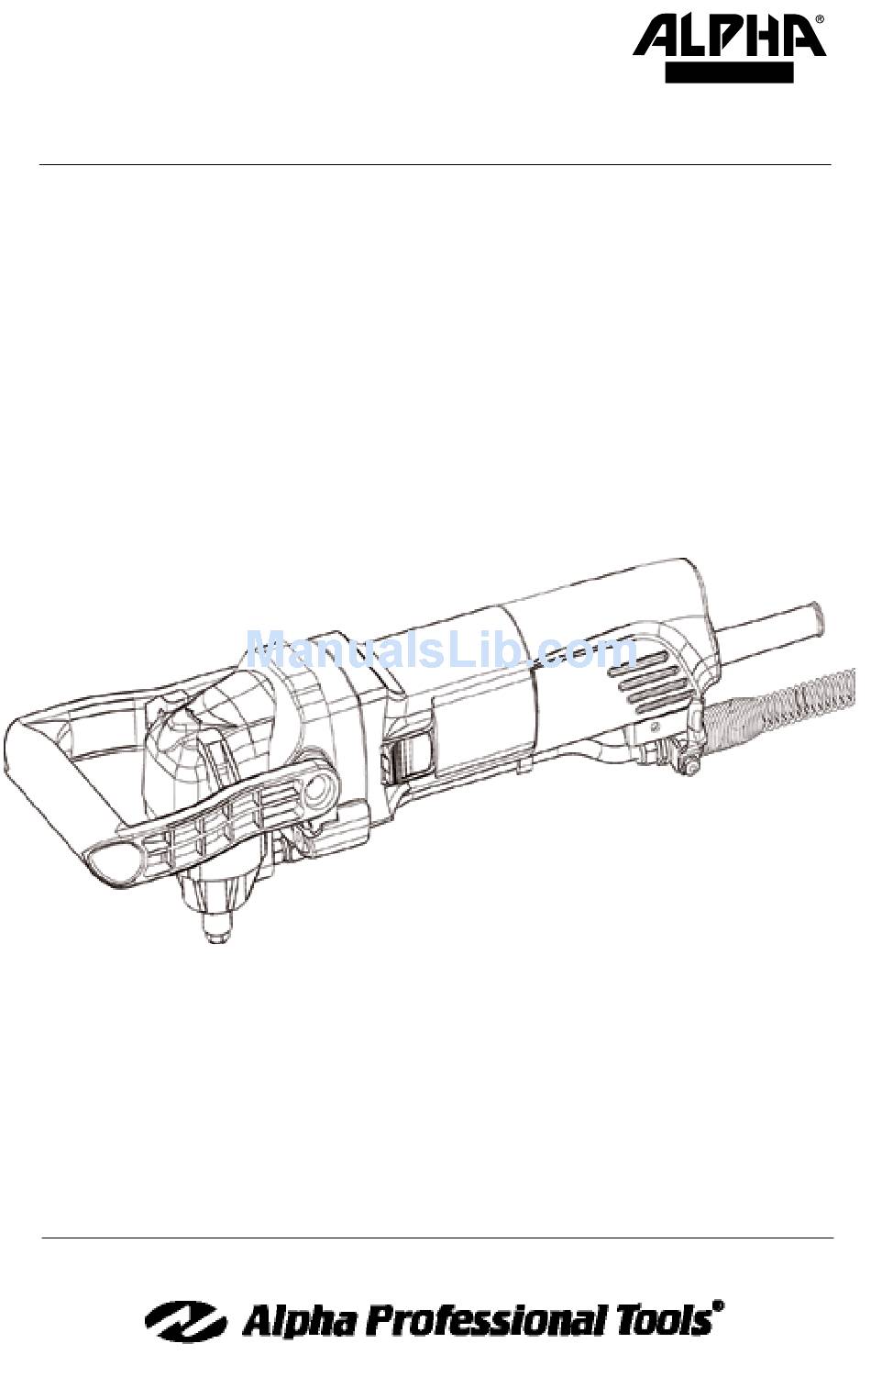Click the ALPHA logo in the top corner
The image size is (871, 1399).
pyautogui.click(x=728, y=38)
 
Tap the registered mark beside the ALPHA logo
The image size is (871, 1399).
pyautogui.click(x=820, y=19)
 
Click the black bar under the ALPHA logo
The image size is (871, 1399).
pyautogui.click(x=729, y=72)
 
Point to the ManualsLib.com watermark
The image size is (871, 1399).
pyautogui.click(x=442, y=650)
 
